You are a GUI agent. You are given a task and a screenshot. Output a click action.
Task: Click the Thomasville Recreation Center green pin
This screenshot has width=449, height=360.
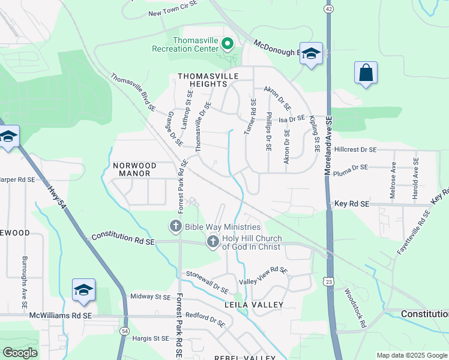coord(228,43)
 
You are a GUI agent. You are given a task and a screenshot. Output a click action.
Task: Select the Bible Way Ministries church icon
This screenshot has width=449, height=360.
coord(175,227)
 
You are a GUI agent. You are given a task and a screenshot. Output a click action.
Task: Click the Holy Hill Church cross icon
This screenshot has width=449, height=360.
coord(212,241)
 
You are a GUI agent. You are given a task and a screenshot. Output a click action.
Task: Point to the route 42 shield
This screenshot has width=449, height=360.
coord(328,9)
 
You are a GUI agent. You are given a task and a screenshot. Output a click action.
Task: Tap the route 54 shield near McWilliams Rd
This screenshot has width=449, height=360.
coord(124,331)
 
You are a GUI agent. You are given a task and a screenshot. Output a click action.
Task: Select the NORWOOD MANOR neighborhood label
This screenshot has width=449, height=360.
coord(134,169)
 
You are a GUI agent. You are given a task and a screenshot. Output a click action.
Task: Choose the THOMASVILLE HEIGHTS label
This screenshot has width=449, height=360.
coord(208,80)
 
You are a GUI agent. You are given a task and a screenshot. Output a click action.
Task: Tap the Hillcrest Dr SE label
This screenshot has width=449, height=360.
coord(356,149)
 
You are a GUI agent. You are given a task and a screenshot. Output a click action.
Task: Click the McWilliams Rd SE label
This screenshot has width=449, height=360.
coord(61,315)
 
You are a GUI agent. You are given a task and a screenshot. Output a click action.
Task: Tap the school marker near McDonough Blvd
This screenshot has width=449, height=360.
coord(311,55)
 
